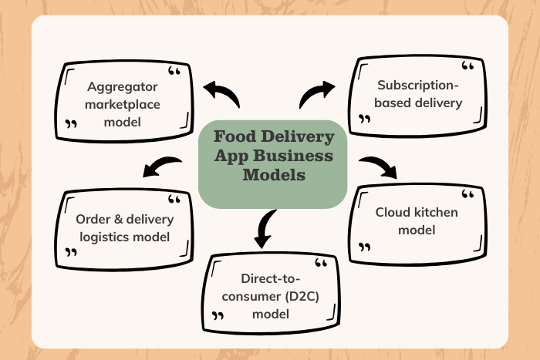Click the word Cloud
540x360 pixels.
pos(393,212)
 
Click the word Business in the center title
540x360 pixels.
pos(299,156)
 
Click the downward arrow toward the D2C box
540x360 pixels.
pos(264,228)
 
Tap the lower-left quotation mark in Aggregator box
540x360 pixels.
pos(72,123)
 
